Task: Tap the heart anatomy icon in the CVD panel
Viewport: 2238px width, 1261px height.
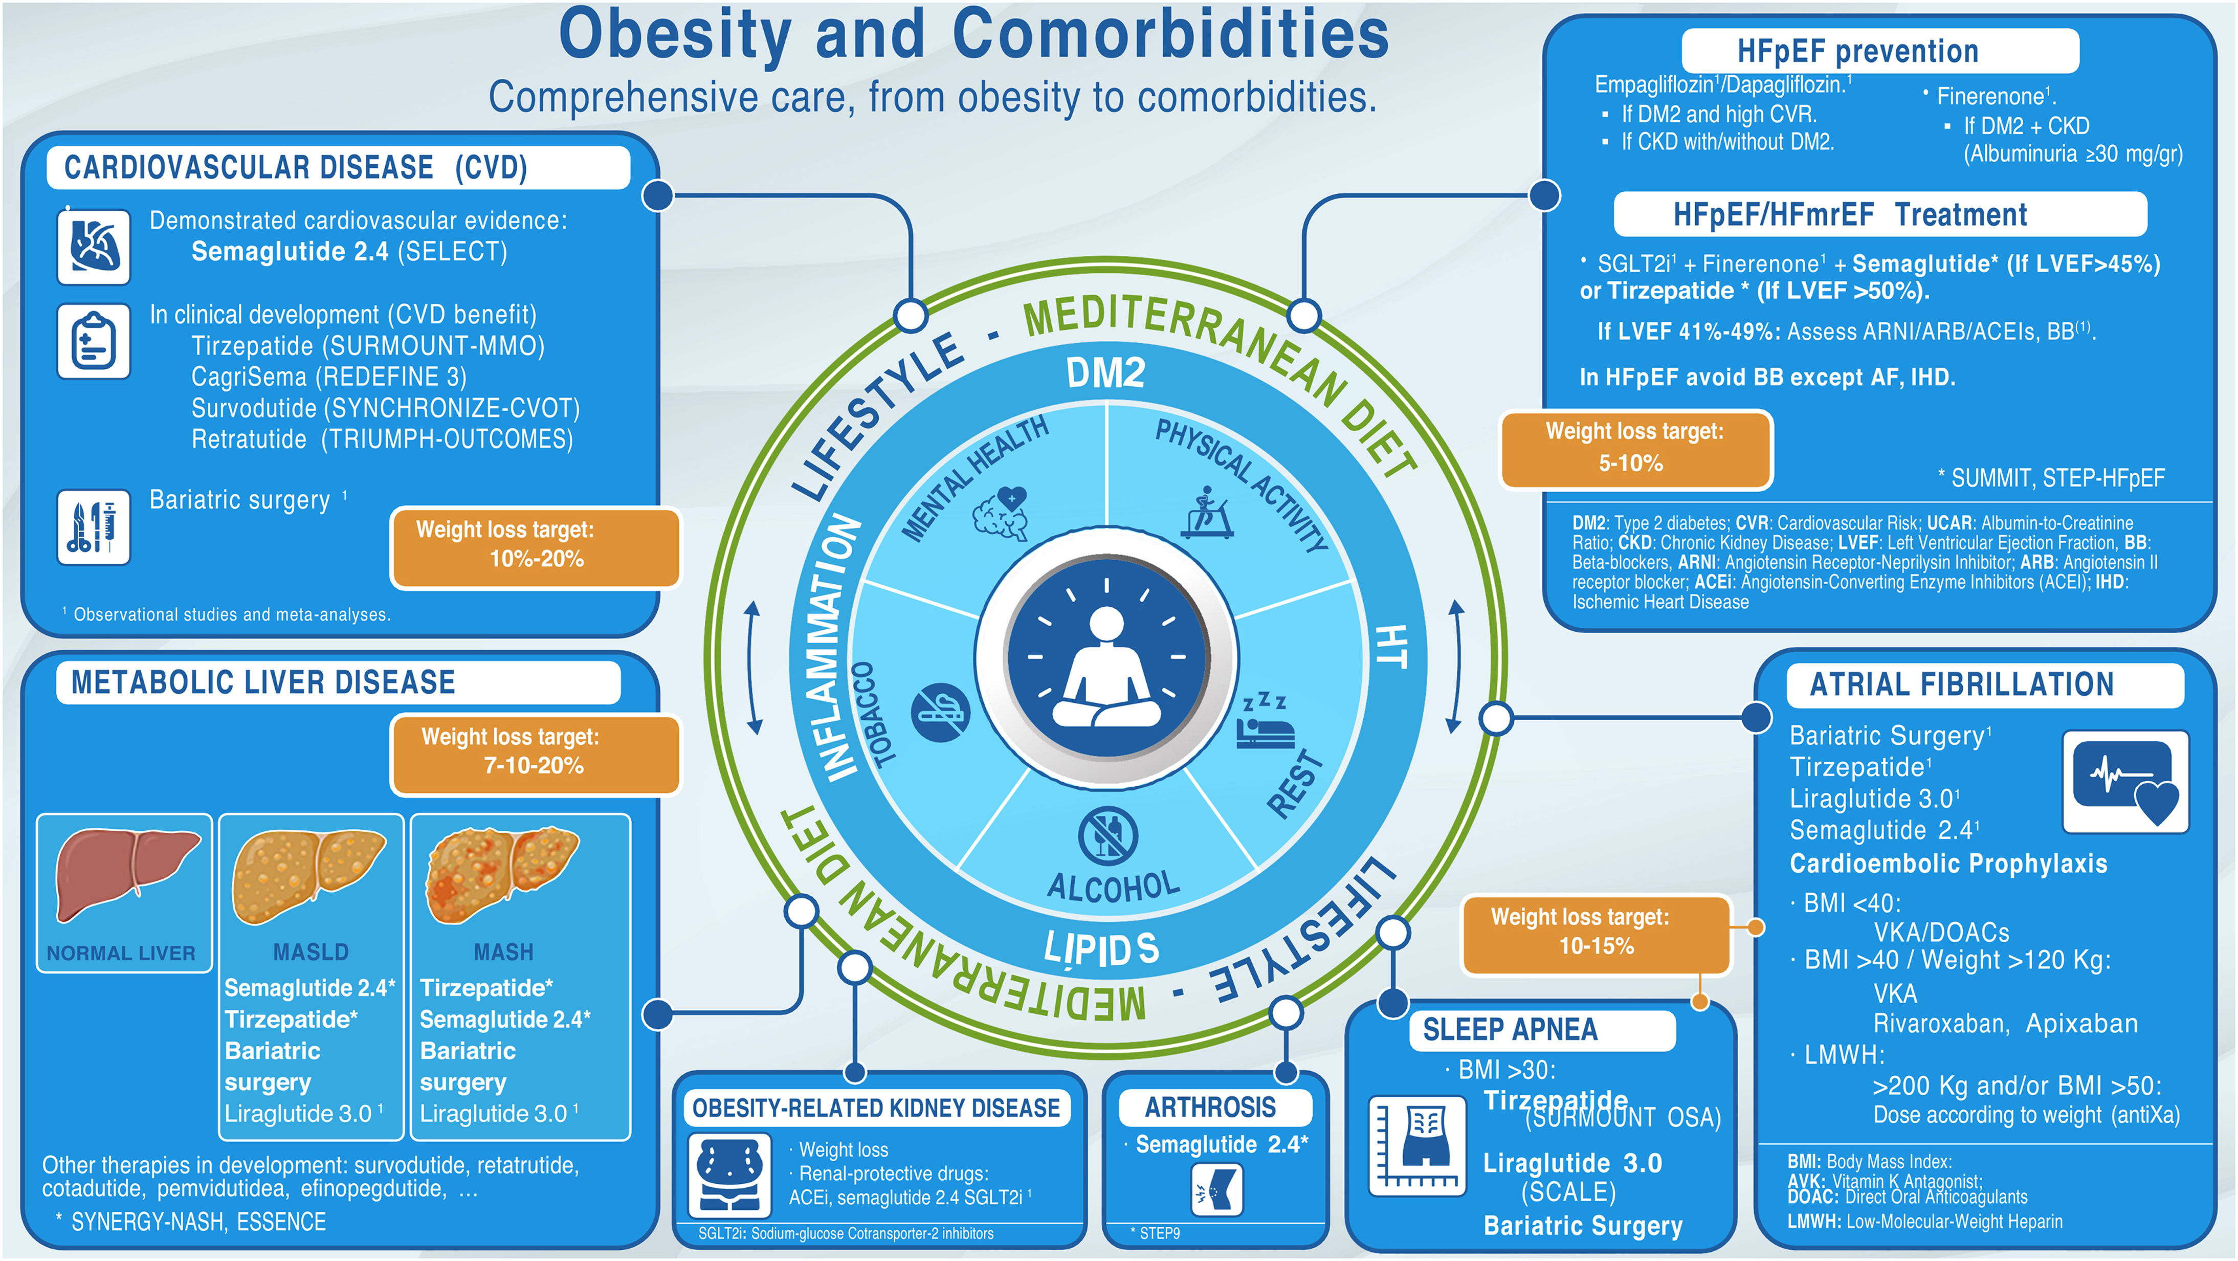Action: click(x=94, y=246)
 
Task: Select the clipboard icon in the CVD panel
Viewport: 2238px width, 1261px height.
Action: click(x=94, y=342)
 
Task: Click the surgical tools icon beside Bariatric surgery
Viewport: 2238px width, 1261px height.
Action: click(x=94, y=526)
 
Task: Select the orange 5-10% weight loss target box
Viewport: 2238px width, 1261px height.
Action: click(x=1634, y=449)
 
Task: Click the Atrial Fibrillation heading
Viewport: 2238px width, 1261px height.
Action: click(x=1961, y=685)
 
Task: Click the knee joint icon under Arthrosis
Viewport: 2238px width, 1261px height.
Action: click(x=1216, y=1190)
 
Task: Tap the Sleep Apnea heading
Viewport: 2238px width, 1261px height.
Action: click(x=1510, y=1030)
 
